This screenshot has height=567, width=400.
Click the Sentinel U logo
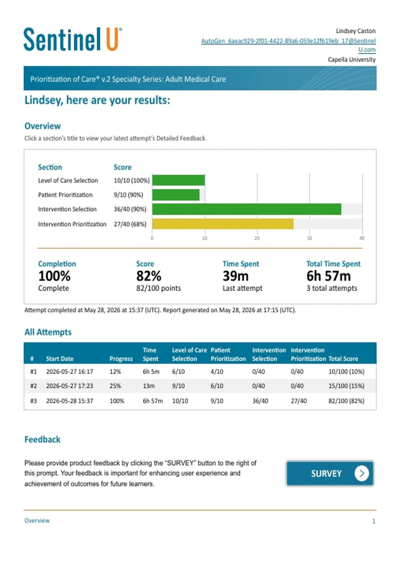73,39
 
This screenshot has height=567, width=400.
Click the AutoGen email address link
288,45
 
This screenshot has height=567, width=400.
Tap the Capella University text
351,59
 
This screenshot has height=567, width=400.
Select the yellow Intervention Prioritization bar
223,224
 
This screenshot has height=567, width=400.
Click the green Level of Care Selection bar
179,180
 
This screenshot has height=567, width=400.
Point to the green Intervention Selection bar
247,209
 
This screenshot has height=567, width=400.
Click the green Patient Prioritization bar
176,195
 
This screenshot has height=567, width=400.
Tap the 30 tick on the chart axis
309,238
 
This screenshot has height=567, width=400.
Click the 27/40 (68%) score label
130,224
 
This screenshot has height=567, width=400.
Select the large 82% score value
149,276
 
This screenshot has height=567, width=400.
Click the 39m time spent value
236,276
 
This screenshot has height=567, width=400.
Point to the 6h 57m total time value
328,276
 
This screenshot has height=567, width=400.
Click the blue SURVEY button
330,473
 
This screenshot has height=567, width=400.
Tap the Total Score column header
343,359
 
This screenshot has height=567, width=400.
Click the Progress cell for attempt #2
115,386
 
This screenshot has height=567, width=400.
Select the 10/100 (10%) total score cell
346,371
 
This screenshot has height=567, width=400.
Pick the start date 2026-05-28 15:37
70,401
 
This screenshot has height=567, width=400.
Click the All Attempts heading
48,332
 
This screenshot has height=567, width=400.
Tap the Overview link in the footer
37,520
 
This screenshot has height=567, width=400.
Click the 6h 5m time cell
151,371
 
